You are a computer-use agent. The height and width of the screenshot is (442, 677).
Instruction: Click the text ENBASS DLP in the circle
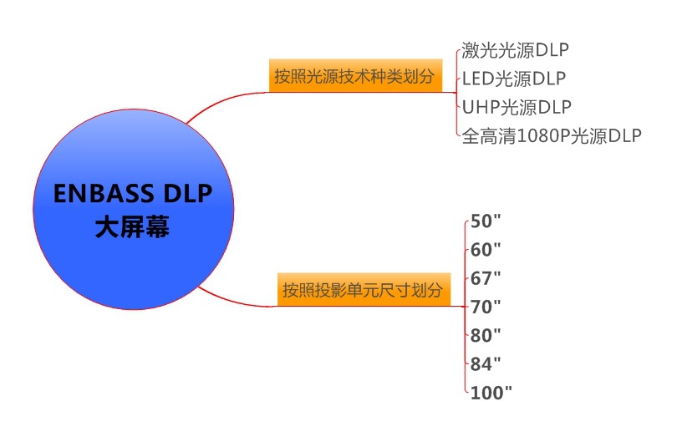coord(132,194)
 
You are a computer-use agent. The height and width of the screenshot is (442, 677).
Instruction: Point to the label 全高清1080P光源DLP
coord(552,136)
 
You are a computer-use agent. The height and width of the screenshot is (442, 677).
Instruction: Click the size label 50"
coord(486,221)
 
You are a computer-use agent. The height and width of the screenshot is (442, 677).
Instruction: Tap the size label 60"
coord(486,249)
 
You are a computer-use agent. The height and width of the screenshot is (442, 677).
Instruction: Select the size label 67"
coord(486,277)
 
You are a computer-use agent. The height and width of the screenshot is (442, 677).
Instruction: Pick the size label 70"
coord(486,306)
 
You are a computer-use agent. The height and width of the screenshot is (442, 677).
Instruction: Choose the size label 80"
coord(486,334)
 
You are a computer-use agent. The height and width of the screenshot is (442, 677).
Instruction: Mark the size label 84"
coord(486,363)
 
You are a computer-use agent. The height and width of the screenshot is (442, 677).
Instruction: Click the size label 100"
coord(491,391)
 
